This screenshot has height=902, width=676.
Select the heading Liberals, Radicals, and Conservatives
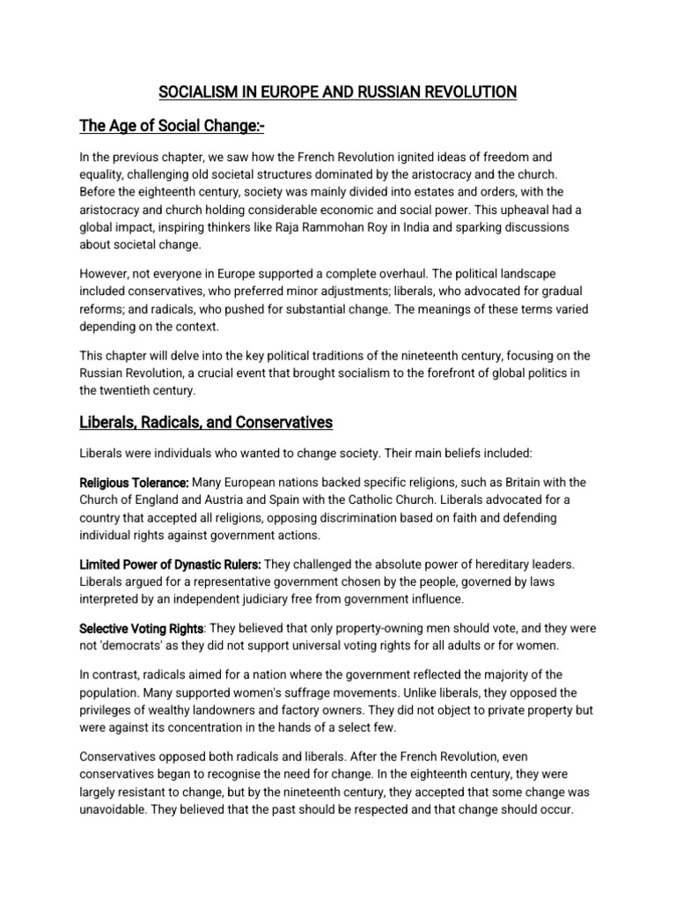coord(206,422)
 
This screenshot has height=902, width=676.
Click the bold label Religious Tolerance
coord(134,483)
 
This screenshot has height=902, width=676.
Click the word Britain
coord(514,483)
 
